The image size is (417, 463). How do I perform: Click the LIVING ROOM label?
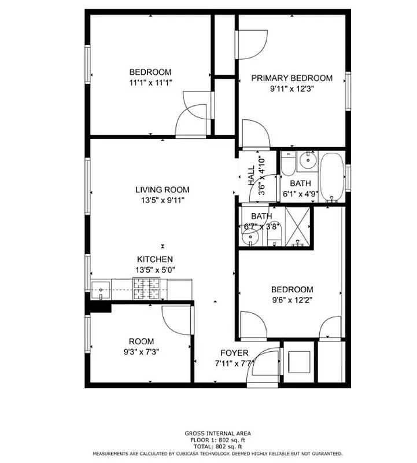click(x=162, y=190)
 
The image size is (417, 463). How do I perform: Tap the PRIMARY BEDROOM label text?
click(x=293, y=78)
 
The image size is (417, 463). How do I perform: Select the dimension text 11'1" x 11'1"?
click(x=150, y=83)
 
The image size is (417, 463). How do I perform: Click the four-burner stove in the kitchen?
click(x=146, y=288)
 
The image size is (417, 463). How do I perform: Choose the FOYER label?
click(x=234, y=353)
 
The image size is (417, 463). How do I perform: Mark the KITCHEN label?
click(x=154, y=259)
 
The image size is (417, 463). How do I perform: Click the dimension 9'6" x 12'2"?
click(x=292, y=300)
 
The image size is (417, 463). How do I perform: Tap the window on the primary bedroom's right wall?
click(x=348, y=90)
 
